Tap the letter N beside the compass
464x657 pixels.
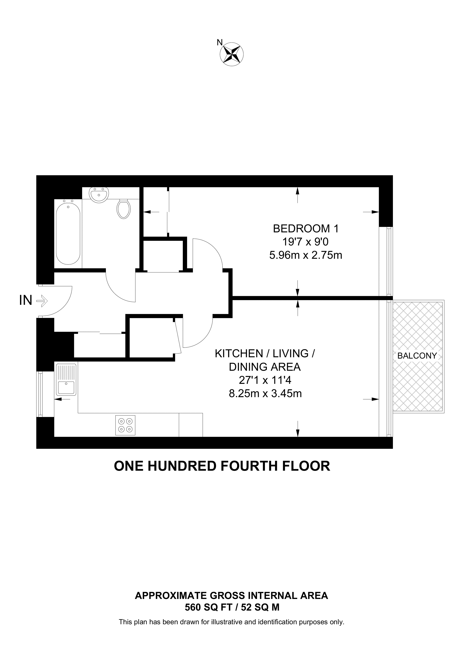(220, 42)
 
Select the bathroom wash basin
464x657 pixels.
(99, 195)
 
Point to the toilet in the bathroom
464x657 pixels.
(124, 209)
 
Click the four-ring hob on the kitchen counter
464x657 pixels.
(125, 425)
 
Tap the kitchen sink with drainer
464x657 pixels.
(66, 379)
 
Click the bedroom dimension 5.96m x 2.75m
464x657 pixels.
(306, 255)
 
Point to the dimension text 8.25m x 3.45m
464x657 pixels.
(265, 394)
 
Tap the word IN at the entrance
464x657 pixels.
(26, 301)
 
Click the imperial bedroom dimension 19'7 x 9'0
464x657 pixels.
(306, 242)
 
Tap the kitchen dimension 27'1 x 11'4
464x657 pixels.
(265, 380)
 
